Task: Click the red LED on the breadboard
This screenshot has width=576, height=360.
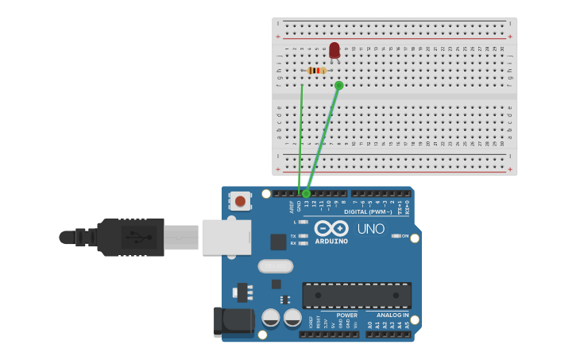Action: tap(334, 50)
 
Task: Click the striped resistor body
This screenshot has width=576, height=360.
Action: tap(317, 71)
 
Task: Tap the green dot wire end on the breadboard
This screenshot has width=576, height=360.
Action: tap(339, 85)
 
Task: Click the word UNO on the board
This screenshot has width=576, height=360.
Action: tap(370, 229)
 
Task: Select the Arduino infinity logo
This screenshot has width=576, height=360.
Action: tap(331, 228)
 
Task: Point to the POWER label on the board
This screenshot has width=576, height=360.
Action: tap(346, 315)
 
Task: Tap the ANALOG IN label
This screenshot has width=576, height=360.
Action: tap(393, 315)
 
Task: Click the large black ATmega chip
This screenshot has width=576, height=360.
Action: tap(357, 296)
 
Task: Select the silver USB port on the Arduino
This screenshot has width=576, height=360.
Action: tap(226, 237)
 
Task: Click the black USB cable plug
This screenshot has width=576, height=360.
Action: tap(131, 237)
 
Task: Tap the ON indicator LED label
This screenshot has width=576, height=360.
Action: tap(404, 236)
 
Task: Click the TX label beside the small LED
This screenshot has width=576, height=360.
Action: tap(293, 236)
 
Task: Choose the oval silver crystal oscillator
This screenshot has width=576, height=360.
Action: tap(276, 266)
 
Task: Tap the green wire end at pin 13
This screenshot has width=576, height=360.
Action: tap(306, 193)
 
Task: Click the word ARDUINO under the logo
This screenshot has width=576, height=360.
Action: tap(331, 241)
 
